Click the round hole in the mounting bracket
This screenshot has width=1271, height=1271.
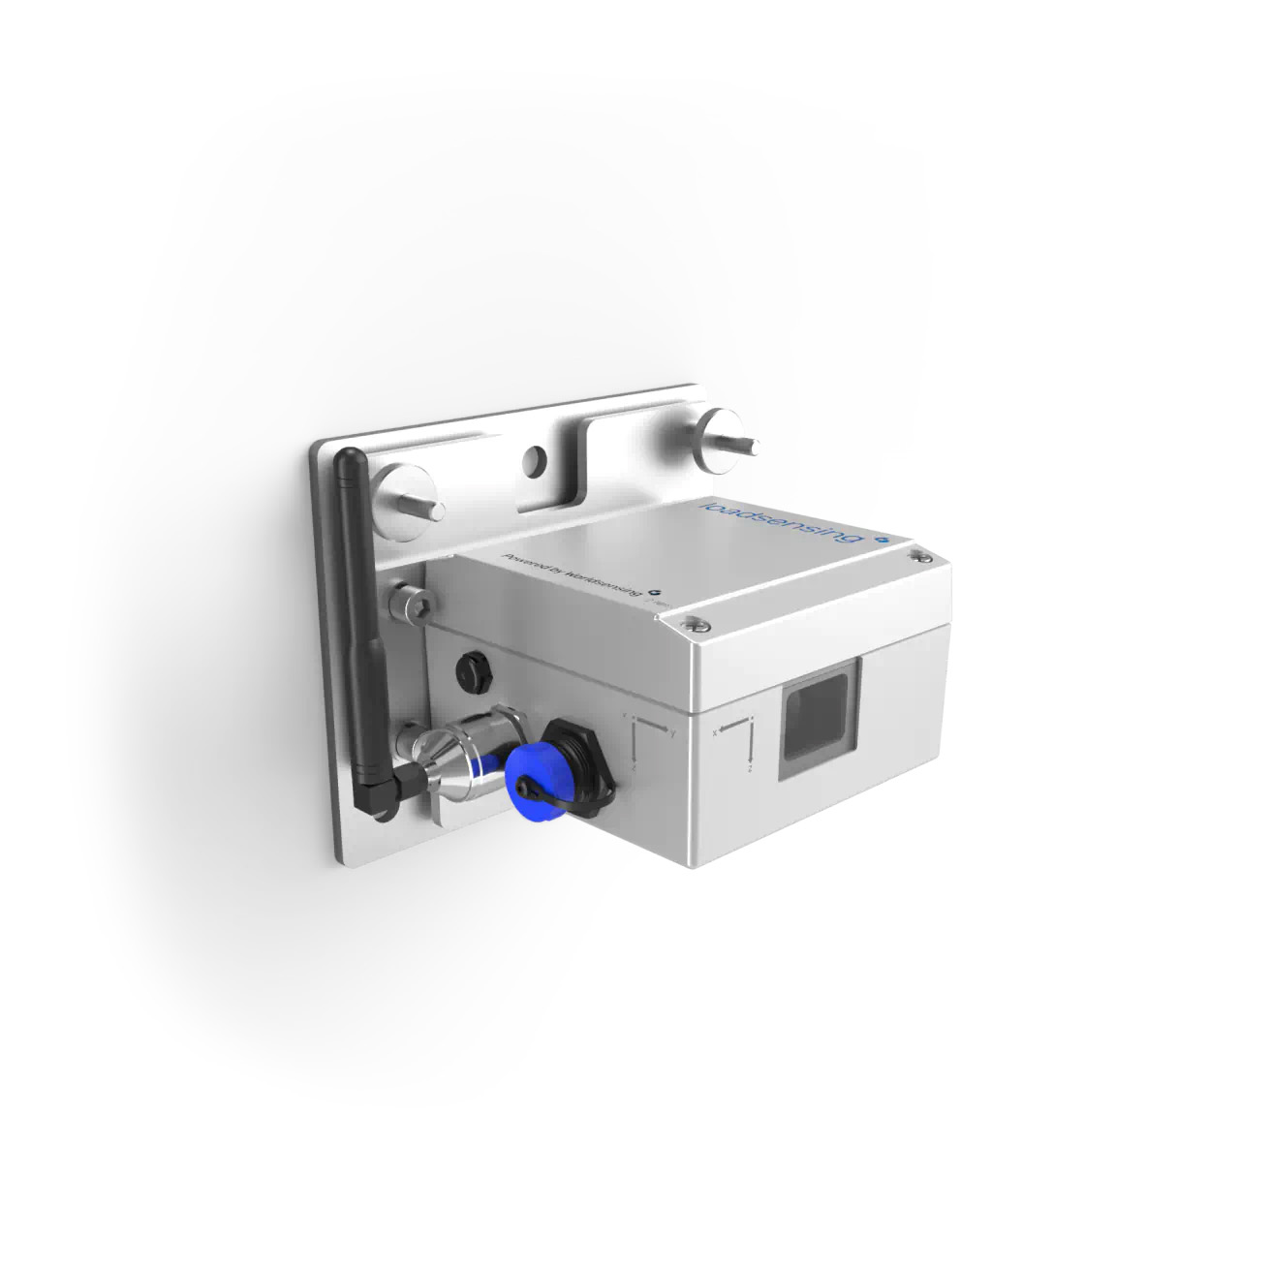click(532, 461)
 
